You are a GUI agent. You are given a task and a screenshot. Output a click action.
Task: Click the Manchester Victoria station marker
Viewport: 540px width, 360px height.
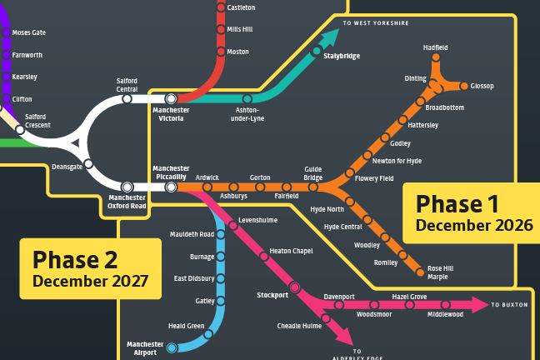171,98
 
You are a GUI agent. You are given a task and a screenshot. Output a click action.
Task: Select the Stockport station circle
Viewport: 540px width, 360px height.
294,287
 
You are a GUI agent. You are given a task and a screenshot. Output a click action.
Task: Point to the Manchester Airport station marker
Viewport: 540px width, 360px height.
172,347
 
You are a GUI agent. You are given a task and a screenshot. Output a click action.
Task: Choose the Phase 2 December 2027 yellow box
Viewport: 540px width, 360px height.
91,268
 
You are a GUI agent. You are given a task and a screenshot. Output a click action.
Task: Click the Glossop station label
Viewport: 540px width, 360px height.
482,86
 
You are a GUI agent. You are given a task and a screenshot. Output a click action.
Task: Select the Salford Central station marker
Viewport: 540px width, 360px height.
127,98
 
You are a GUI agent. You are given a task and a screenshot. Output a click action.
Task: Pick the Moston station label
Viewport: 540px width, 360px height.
239,52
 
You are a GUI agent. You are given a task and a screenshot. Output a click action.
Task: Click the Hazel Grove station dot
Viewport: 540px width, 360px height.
409,305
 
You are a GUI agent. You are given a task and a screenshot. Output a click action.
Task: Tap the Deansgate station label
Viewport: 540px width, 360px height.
67,166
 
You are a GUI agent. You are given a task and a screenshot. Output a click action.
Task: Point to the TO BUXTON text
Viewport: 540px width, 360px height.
509,305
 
